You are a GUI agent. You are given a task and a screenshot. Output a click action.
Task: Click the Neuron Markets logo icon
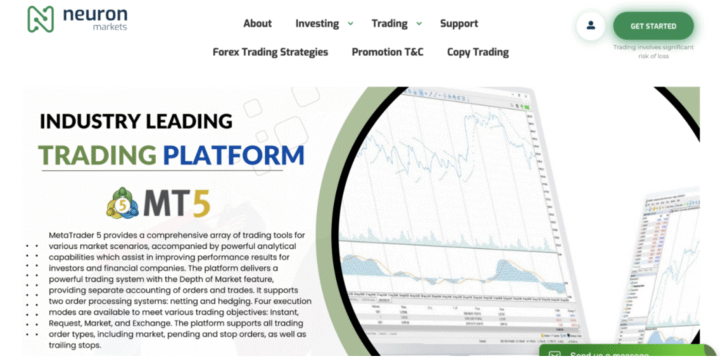[x=40, y=19]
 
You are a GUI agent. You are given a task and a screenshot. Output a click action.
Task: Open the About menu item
[x=257, y=23]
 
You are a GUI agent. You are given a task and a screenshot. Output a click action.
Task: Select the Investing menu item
[x=316, y=23]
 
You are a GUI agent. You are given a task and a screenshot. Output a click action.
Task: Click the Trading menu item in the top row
[x=389, y=23]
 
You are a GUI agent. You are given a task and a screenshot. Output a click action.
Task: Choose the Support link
[x=458, y=23]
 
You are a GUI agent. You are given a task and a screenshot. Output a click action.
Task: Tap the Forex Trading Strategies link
[x=270, y=51]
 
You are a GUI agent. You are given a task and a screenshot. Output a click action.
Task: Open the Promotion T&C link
[x=387, y=51]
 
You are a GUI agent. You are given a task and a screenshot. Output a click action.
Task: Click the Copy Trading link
[x=477, y=51]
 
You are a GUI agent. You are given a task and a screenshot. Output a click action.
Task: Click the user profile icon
[x=591, y=26]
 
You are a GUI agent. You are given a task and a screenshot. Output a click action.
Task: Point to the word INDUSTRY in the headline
[x=88, y=121]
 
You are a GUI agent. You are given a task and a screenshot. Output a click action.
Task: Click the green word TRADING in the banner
[x=97, y=155]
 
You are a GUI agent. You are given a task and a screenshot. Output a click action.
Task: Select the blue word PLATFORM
[x=233, y=155]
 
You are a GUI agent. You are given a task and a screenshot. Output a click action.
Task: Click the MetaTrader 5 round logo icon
[x=123, y=204]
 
